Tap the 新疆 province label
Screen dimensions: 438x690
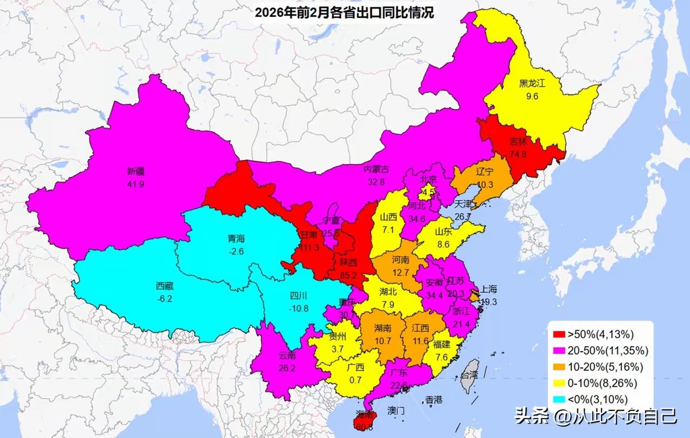coord(136,172)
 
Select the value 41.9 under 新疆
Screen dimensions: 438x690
coord(136,183)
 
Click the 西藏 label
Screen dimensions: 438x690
coord(165,286)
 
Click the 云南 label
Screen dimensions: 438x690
coord(287,355)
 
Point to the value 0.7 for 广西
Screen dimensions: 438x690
coord(355,379)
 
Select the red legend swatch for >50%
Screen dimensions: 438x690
coord(558,334)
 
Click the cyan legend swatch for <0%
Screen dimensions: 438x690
coord(558,400)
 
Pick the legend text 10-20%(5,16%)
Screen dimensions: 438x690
coord(604,367)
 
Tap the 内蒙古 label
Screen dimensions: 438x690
coord(376,169)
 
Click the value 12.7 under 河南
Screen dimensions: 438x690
coord(401,272)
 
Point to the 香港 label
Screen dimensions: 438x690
coord(433,400)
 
